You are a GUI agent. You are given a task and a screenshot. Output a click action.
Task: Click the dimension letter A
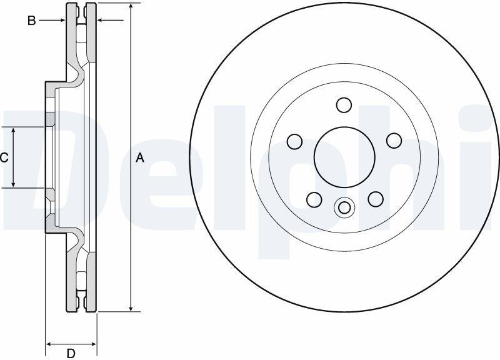point(140,157)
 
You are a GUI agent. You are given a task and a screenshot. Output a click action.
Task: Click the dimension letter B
point(32,21)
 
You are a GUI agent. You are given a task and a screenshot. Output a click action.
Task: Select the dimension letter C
point(4,157)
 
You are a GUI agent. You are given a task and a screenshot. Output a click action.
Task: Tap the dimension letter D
point(71,353)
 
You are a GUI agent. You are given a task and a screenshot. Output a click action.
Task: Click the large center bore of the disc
point(344,157)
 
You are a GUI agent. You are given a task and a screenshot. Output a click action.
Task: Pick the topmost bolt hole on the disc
point(344,105)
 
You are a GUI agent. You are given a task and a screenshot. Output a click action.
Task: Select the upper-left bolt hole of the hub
point(294,141)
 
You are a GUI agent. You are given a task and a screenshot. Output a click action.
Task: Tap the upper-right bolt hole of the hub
point(394,141)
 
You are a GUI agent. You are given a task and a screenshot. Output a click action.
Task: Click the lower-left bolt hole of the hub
point(314,199)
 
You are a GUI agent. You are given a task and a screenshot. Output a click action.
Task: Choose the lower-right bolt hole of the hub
point(376,199)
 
